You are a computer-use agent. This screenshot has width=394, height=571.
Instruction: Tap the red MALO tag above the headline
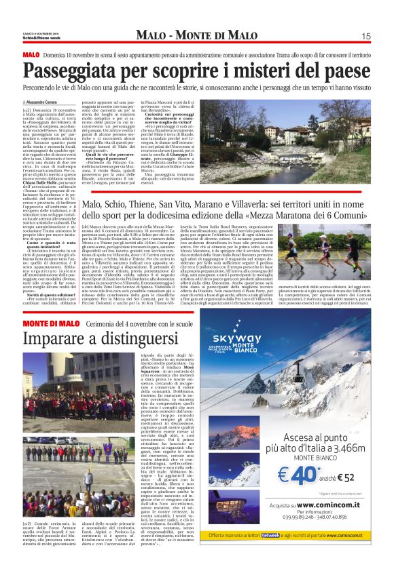tap(31, 54)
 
